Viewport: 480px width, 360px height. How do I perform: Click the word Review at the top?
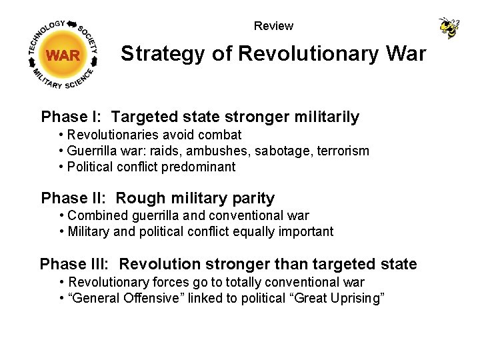pos(273,26)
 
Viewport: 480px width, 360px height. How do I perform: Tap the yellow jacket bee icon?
pos(449,27)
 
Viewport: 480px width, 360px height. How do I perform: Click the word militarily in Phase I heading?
pos(326,117)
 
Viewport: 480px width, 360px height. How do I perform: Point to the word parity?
pos(251,198)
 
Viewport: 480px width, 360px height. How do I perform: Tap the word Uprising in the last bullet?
pos(357,298)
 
